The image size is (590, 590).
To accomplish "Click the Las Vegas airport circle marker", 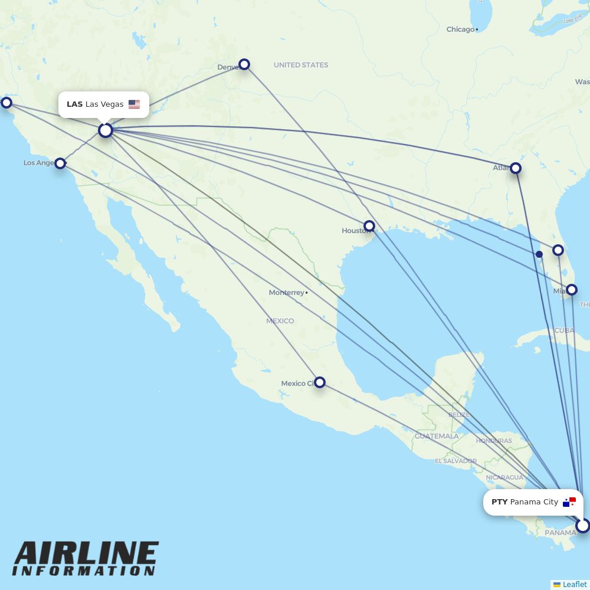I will pyautogui.click(x=106, y=130).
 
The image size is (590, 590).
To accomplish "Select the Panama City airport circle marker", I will pyautogui.click(x=582, y=525).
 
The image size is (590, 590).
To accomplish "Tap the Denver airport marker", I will pyautogui.click(x=244, y=64).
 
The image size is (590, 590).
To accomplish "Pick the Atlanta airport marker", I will pyautogui.click(x=516, y=168).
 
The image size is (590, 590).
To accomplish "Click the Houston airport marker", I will pyautogui.click(x=369, y=226).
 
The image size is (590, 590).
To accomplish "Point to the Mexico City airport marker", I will pyautogui.click(x=319, y=382).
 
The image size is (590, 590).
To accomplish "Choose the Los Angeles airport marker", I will pyautogui.click(x=60, y=163).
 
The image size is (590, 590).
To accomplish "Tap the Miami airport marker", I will pyautogui.click(x=571, y=290).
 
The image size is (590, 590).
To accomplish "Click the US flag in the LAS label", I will pyautogui.click(x=134, y=104).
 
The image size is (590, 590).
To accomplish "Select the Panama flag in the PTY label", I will pyautogui.click(x=569, y=502).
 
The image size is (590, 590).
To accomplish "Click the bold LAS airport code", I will pyautogui.click(x=74, y=104).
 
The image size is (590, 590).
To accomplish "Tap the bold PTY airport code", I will pyautogui.click(x=499, y=502).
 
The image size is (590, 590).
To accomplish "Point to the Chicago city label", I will pyautogui.click(x=460, y=29).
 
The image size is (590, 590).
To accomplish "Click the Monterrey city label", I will pyautogui.click(x=286, y=293).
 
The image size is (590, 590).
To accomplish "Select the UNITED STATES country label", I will pyautogui.click(x=301, y=65).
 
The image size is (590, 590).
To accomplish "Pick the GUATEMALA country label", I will pyautogui.click(x=437, y=436).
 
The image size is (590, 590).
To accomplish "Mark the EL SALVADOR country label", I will pyautogui.click(x=455, y=461).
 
